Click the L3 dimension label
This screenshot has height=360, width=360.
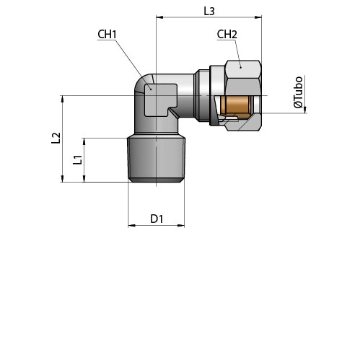[209, 11]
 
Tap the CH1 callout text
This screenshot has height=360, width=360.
[107, 35]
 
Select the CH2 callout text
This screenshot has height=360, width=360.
[227, 35]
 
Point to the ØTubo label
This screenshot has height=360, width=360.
[298, 92]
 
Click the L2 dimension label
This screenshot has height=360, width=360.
[56, 138]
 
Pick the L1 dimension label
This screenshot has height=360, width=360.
[77, 160]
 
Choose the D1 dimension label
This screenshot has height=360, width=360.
[157, 219]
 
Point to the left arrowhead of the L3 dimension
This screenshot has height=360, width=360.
[159, 17]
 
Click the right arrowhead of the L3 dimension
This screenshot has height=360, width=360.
[258, 17]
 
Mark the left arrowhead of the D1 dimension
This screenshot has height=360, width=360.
[131, 225]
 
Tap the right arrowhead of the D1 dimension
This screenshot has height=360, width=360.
[181, 225]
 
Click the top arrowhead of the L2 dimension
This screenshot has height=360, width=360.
[63, 99]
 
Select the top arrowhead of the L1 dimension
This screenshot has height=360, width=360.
[84, 141]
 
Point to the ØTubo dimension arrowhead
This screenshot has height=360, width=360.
[305, 110]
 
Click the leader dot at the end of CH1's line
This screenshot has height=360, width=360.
[151, 89]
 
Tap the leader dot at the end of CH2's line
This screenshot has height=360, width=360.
[240, 67]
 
